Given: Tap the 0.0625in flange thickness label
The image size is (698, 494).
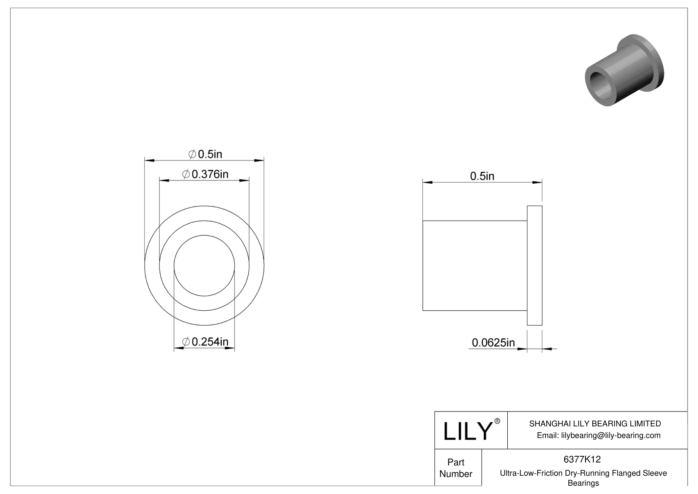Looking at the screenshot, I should [493, 343].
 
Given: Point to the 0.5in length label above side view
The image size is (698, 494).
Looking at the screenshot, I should [482, 176].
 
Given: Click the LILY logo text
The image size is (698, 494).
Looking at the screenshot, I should [467, 431].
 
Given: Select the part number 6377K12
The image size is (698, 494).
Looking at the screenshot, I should [582, 459].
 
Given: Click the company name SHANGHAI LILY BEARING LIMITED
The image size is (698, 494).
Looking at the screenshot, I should [595, 423].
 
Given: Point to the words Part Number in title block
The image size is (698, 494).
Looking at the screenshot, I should [456, 468].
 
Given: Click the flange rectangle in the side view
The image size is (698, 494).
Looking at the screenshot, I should [534, 265].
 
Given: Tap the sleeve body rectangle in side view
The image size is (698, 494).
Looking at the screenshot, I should [474, 265].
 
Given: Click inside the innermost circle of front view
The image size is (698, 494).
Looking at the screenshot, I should [204, 265].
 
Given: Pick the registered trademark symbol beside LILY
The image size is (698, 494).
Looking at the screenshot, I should [497, 421].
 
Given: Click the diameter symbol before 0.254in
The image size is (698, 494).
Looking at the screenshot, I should [186, 342].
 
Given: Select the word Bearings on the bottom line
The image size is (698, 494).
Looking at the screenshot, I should [583, 483].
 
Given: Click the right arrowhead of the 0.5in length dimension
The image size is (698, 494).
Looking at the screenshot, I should [537, 182].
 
